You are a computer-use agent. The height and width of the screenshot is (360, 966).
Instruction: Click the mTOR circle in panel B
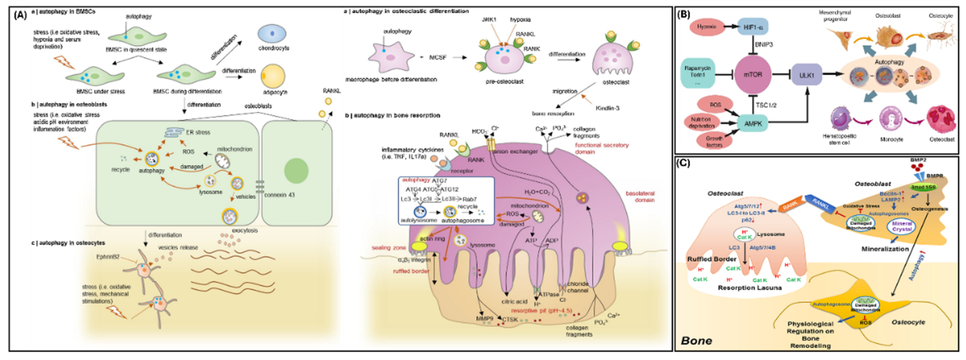pyautogui.click(x=753, y=74)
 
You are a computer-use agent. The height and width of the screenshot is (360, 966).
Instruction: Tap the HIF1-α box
pyautogui.click(x=753, y=27)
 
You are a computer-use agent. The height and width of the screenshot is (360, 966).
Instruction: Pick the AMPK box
pyautogui.click(x=753, y=123)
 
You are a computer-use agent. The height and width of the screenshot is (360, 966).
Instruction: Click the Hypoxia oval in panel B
pyautogui.click(x=707, y=27)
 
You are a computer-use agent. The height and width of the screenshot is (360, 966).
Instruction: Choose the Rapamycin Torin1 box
pyautogui.click(x=697, y=73)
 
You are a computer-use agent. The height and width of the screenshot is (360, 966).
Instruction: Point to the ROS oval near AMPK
pyautogui.click(x=715, y=105)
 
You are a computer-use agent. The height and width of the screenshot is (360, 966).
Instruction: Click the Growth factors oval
pyautogui.click(x=714, y=141)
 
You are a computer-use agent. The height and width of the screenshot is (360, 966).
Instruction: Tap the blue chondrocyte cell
pyautogui.click(x=272, y=34)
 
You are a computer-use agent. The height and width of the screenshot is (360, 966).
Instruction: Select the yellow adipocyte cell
pyautogui.click(x=273, y=76)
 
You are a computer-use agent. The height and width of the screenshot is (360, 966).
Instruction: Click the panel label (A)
pyautogui.click(x=20, y=15)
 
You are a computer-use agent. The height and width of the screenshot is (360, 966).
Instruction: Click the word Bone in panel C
pyautogui.click(x=696, y=340)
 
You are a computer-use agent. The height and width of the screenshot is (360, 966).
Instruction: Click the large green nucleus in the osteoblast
pyautogui.click(x=296, y=171)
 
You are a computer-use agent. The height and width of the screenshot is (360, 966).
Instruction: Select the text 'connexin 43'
pyautogui.click(x=279, y=195)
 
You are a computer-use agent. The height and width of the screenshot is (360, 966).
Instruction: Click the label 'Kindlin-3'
pyautogui.click(x=607, y=108)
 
